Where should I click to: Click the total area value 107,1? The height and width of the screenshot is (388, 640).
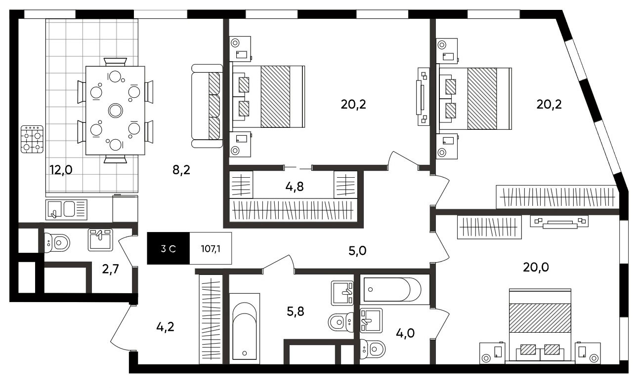pos(211,249)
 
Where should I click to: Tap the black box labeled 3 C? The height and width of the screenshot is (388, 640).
pos(169,248)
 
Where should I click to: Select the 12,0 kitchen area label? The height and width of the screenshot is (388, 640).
pos(61,170)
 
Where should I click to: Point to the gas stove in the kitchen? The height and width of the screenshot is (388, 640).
pos(32,139)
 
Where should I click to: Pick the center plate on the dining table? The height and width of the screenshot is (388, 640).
pos(116,111)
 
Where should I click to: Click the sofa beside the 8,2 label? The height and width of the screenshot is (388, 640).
pos(207,106)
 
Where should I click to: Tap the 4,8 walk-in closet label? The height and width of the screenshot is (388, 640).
pos(295,187)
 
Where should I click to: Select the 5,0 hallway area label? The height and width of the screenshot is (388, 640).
pos(357,251)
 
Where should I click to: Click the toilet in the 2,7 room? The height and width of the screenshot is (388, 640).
pos(57,243)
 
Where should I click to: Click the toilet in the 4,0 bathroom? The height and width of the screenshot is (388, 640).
pos(373,349)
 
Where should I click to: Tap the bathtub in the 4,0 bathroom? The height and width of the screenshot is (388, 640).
pos(392,290)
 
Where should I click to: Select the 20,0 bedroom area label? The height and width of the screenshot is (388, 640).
pos(536,268)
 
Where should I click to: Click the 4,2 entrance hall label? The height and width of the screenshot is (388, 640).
pos(165,327)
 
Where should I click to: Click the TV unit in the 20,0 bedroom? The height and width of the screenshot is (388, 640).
pos(559,222)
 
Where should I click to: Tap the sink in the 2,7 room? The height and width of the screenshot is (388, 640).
pos(100,240)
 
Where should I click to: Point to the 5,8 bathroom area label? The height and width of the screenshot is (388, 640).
pos(296,311)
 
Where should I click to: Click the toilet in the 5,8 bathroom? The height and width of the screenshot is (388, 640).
pos(341,322)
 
